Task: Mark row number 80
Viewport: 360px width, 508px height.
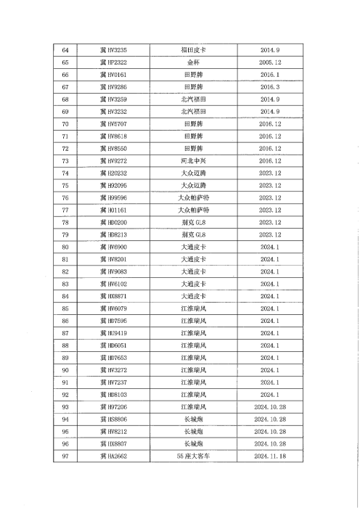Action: (x=66, y=247)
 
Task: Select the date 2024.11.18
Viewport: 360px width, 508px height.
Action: (x=269, y=456)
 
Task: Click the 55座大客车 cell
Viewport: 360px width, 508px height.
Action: (x=193, y=456)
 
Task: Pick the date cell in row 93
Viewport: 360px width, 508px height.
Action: (x=269, y=406)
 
